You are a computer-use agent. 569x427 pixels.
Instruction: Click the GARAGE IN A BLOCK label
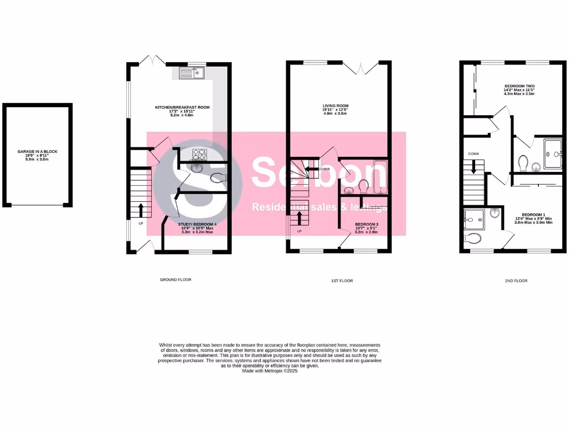37,155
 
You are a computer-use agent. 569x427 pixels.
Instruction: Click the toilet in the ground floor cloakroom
219,178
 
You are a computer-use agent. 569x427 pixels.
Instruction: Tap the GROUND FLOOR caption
175,280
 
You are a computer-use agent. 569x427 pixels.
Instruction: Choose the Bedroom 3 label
366,229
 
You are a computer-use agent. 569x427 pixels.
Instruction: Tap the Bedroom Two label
515,90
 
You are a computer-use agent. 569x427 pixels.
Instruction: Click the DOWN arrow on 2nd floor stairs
473,166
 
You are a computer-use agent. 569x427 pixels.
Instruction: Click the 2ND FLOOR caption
516,281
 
